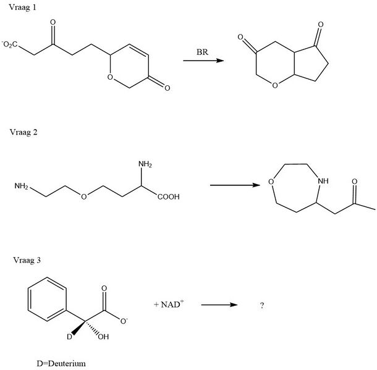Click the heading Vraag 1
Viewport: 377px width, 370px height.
(22, 7)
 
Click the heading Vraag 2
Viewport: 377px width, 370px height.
(23, 132)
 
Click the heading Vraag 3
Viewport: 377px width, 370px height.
(27, 260)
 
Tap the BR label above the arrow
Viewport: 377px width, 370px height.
(202, 52)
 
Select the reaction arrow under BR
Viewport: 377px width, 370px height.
(203, 61)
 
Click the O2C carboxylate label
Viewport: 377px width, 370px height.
(10, 44)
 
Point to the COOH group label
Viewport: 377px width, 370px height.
(169, 197)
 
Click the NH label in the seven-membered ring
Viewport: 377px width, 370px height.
(323, 181)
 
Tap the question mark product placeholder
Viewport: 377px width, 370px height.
(262, 305)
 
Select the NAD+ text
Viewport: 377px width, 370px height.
(169, 304)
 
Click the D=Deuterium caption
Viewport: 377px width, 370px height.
(61, 363)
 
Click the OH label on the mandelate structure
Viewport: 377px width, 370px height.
(103, 337)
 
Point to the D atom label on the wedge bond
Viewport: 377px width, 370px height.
(69, 337)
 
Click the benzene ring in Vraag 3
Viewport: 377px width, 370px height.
(47, 299)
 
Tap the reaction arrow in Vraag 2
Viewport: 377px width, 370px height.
(235, 185)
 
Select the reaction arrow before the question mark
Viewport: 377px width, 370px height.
(219, 305)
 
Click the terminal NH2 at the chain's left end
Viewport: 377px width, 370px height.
(22, 186)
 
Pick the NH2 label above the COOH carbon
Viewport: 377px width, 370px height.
(145, 164)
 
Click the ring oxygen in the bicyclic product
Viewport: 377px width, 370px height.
(275, 85)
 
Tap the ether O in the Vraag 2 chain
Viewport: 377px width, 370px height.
(83, 197)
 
